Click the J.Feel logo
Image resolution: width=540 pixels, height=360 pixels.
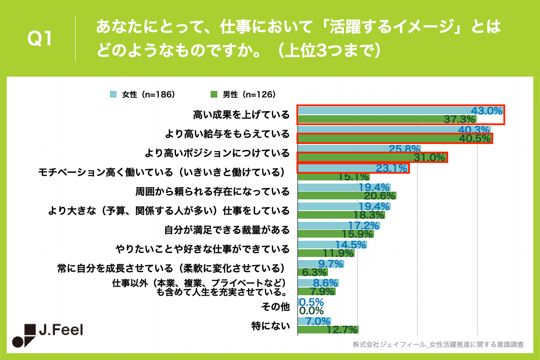coord(47,335)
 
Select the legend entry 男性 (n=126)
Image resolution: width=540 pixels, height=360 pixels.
coord(243,94)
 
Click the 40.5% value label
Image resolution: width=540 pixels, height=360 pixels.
coord(474,139)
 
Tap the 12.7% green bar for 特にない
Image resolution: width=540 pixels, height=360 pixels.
coord(328,330)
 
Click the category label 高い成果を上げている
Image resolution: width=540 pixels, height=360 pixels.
coord(241,115)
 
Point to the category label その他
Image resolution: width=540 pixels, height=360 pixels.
coord(275,307)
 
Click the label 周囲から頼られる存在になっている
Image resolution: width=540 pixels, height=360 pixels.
coord(212,192)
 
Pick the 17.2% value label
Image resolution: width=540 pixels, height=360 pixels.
coord(364,225)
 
